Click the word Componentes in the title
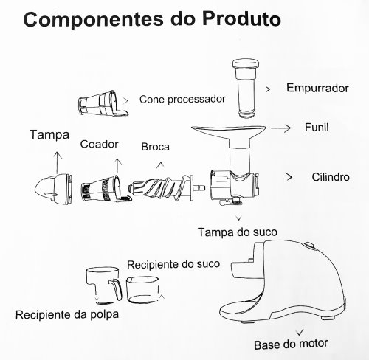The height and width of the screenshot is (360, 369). point(93,20)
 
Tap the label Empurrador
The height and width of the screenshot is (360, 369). point(317,88)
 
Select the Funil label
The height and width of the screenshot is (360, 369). point(317,128)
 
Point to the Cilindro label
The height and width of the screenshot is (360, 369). point(331,177)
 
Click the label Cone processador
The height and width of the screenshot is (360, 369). point(182,100)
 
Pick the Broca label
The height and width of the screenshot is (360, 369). point(155,147)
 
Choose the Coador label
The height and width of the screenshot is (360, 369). point(99,144)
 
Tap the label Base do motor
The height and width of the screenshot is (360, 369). point(291,344)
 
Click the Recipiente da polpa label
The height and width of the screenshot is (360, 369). point(67,314)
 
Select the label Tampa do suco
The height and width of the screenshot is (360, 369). point(238,232)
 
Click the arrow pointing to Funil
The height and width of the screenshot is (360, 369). point(280,128)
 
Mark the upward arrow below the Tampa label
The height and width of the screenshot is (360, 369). point(58,163)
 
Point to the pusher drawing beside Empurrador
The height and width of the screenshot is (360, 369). point(245,89)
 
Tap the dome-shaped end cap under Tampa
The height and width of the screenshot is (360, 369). point(54,188)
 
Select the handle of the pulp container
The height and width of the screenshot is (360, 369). point(116,289)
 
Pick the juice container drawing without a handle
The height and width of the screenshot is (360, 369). point(142,289)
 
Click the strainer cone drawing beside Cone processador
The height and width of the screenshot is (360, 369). point(103,103)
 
